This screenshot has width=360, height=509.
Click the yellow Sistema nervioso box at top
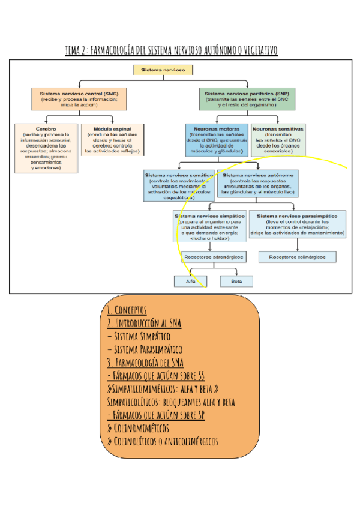click(x=163, y=71)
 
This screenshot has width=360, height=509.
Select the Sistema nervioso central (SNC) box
click(x=79, y=99)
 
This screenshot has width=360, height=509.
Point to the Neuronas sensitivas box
click(x=278, y=140)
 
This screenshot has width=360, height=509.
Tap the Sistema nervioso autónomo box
click(x=258, y=184)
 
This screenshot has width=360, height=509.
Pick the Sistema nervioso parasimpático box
click(x=297, y=224)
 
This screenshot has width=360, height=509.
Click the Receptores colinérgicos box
click(x=297, y=257)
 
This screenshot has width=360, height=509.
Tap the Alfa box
click(x=190, y=281)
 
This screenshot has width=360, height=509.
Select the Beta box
click(x=236, y=281)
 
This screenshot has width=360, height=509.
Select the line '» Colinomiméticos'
click(x=137, y=428)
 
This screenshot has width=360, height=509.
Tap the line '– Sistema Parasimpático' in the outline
click(x=145, y=349)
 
